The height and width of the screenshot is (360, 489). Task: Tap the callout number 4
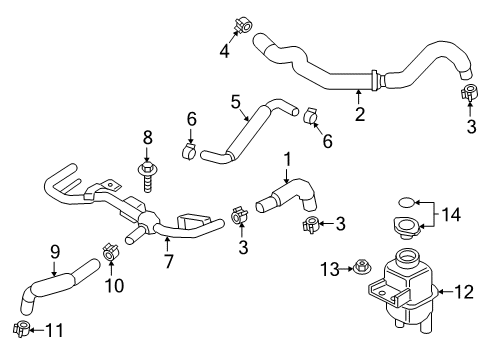pyautogui.click(x=224, y=48)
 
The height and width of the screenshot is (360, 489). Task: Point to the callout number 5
pyautogui.click(x=236, y=101)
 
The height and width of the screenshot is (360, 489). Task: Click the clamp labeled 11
pyautogui.click(x=20, y=327)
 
